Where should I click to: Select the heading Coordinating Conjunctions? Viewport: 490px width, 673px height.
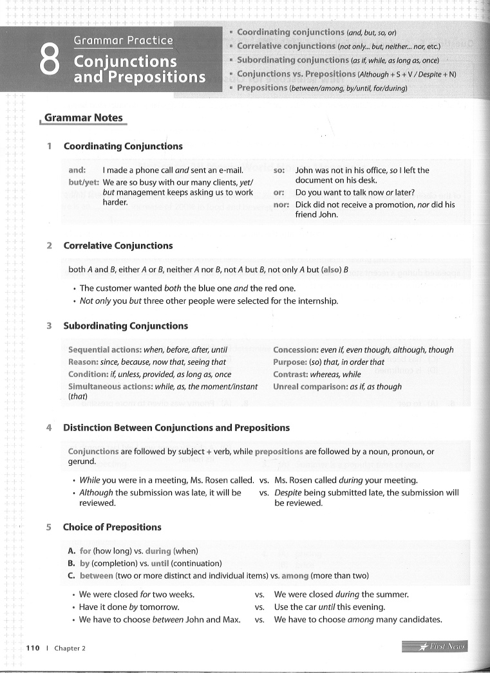(122, 146)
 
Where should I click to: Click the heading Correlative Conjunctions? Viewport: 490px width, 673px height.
(118, 245)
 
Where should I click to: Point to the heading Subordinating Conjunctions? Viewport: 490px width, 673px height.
(126, 326)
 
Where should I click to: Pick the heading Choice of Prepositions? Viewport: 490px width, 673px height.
(112, 527)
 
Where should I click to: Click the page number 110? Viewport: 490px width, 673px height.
(32, 647)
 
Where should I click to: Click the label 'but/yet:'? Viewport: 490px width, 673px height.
(84, 182)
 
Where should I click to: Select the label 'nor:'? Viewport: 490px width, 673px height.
(281, 205)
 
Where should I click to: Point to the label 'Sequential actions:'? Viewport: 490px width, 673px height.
(104, 350)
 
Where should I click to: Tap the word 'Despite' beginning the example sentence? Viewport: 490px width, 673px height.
(288, 493)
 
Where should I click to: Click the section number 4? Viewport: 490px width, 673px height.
(49, 428)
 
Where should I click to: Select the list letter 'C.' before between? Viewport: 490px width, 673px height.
(72, 575)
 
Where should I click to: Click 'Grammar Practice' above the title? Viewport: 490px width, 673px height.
(123, 41)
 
